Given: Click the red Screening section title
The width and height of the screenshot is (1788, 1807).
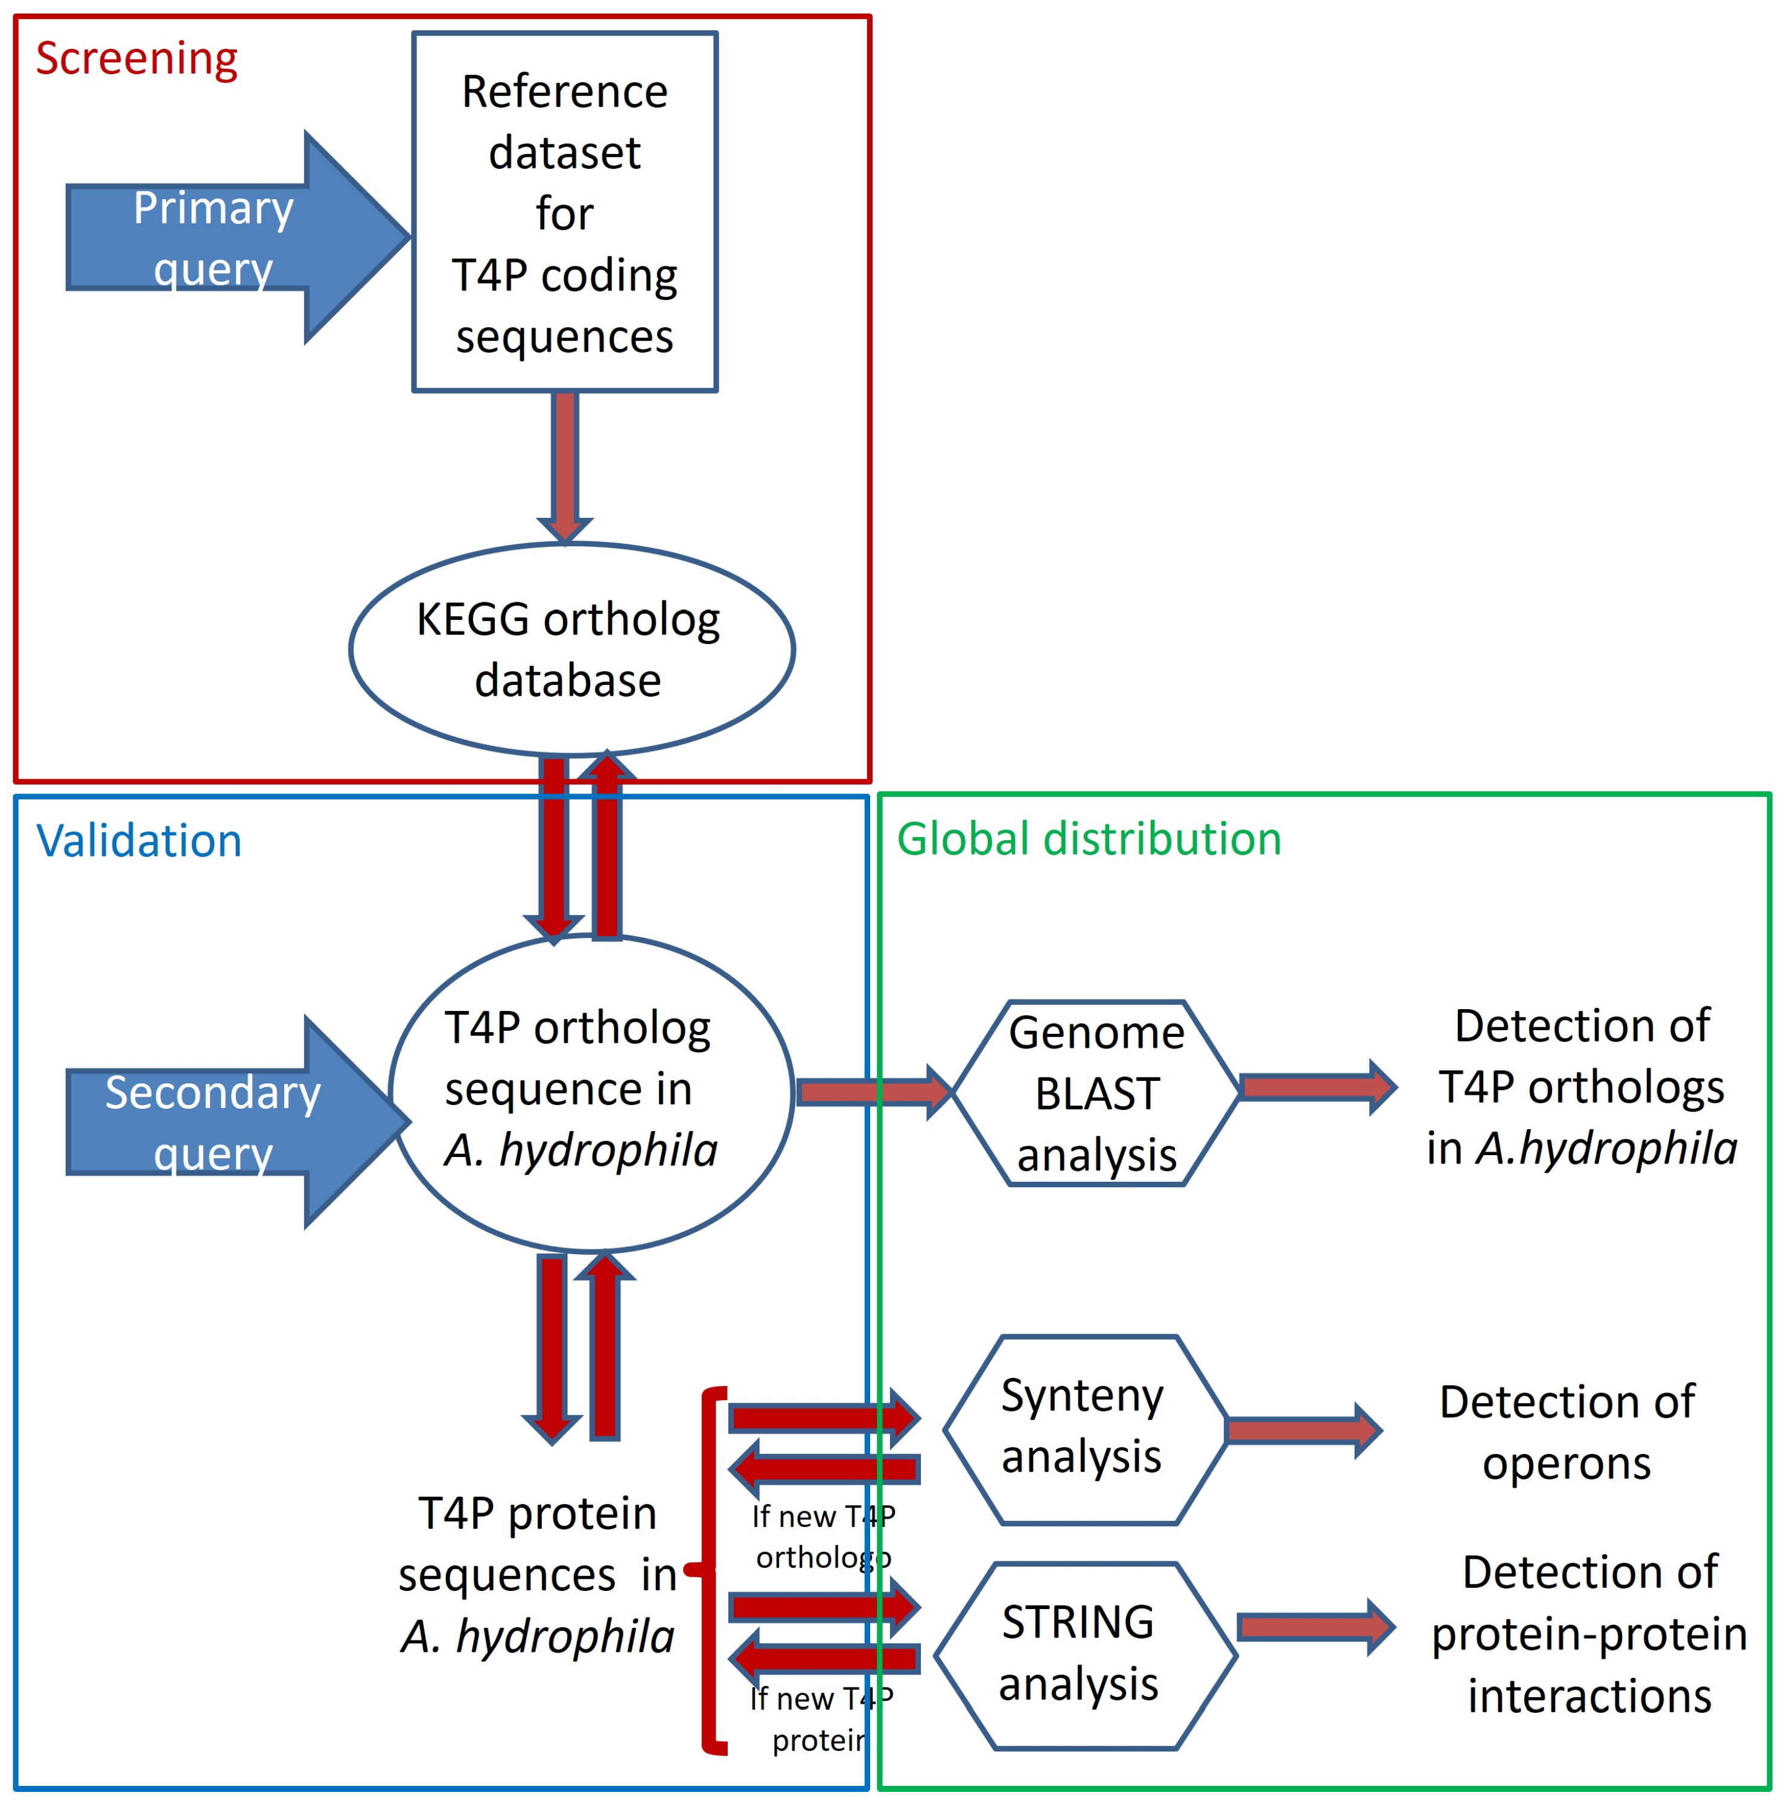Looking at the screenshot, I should tap(136, 59).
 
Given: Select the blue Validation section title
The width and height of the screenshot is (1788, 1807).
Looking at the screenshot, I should tap(138, 840).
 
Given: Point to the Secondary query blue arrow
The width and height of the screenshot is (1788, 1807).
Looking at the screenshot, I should tap(234, 1121).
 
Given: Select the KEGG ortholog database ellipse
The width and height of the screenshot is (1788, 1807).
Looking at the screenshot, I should tap(571, 649).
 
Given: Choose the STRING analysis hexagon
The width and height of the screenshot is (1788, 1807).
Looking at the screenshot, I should tap(1085, 1654).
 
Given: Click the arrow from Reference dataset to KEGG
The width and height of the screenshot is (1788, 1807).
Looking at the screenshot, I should tap(564, 463).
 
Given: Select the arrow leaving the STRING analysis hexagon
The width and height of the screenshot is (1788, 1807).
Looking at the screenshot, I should tap(1314, 1627).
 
